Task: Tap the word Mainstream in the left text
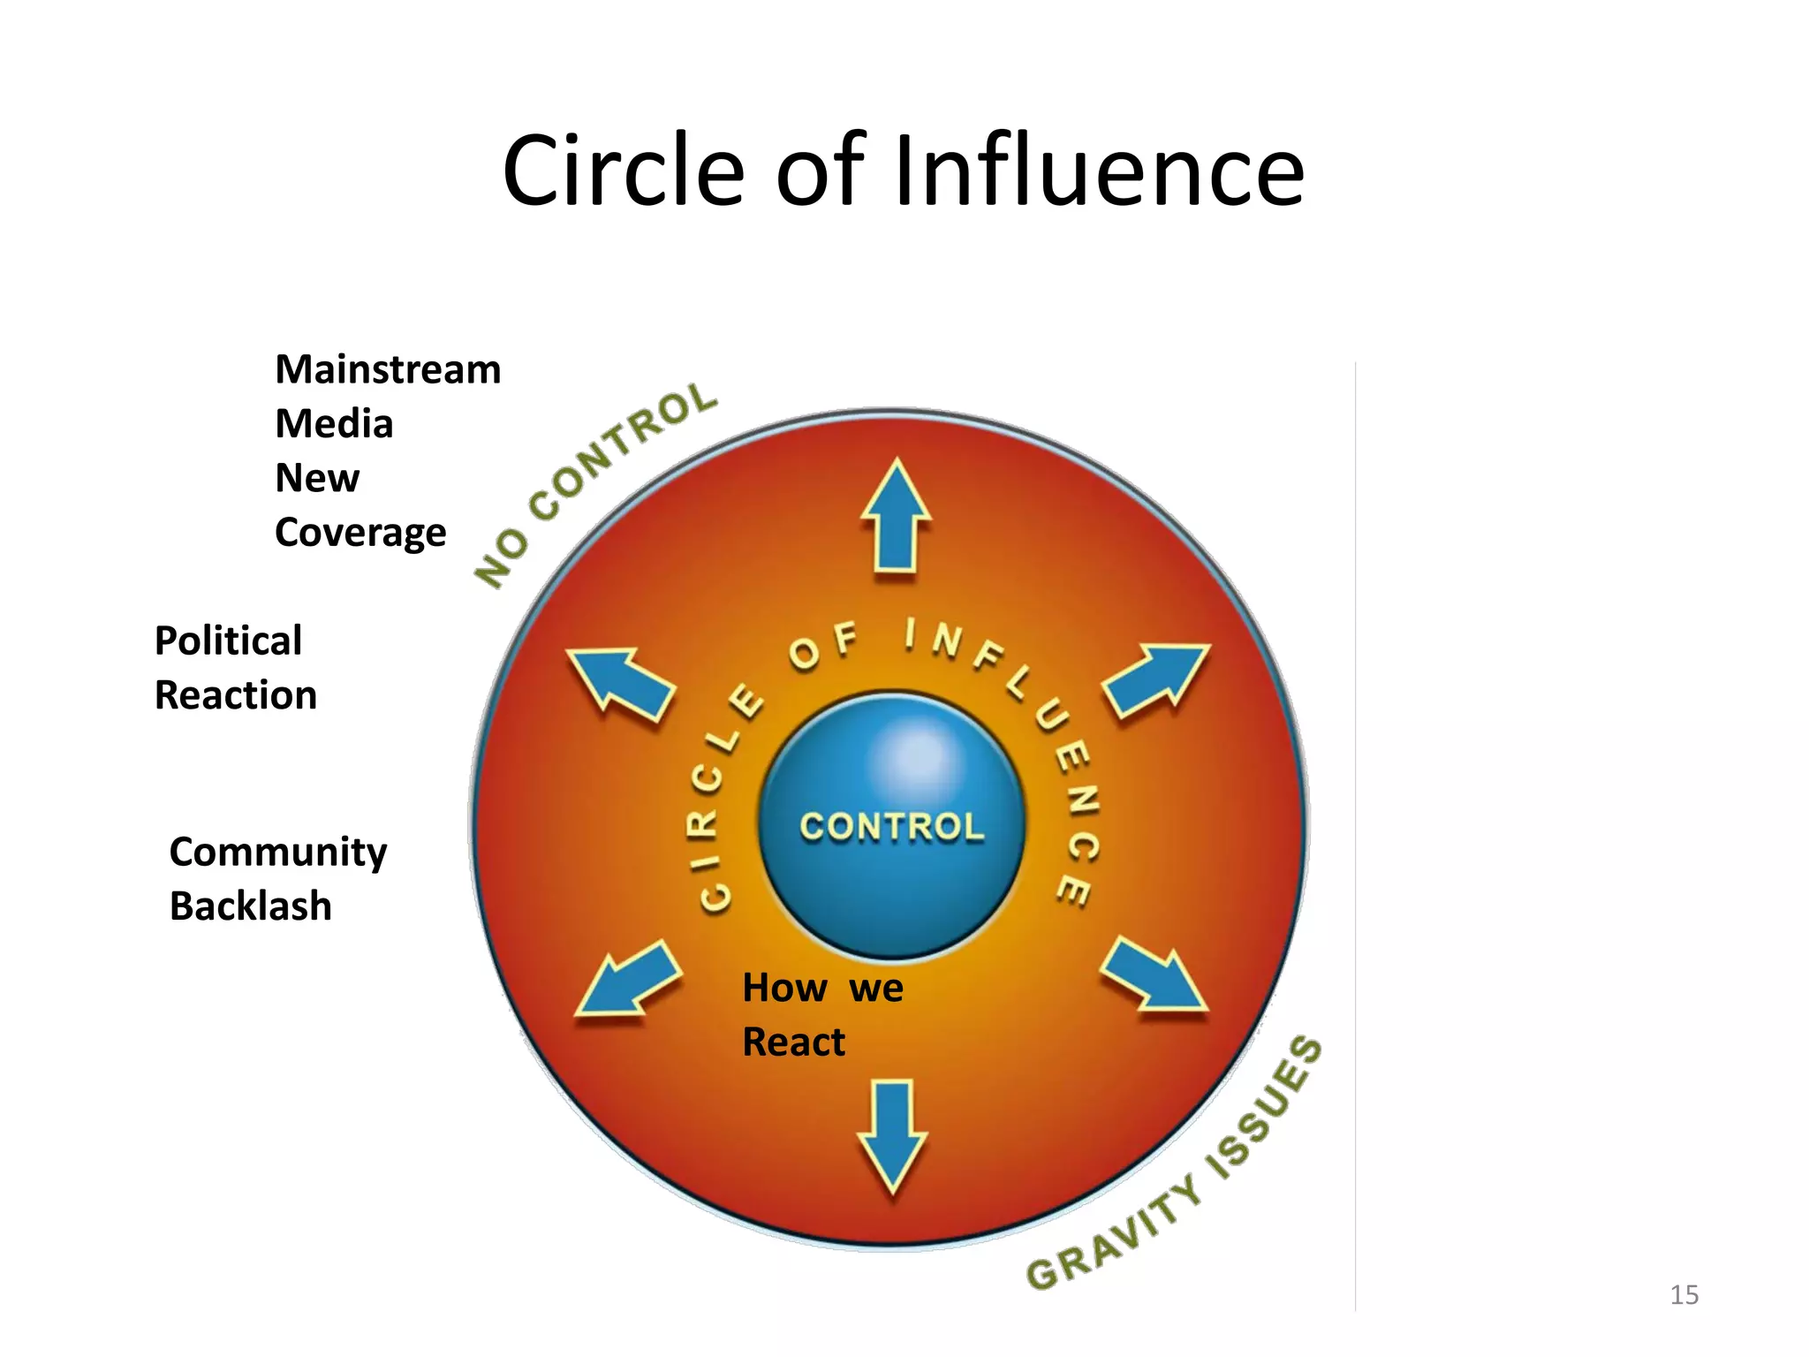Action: (388, 369)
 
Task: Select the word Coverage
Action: (360, 533)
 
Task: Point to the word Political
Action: (228, 641)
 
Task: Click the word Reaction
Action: (235, 695)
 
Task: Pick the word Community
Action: (278, 852)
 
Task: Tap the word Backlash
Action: (251, 906)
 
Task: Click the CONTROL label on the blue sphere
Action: (891, 827)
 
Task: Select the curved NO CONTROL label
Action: (595, 485)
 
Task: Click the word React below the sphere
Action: (793, 1042)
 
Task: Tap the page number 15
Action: (1684, 1295)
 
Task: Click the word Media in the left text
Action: (334, 424)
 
